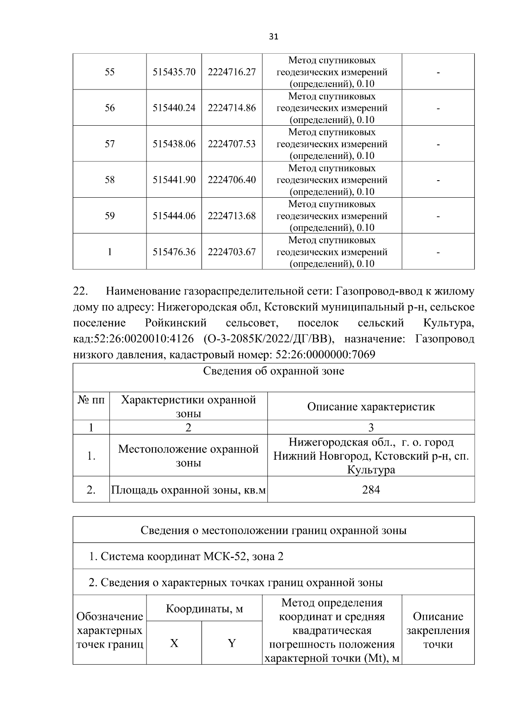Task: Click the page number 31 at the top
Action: click(x=274, y=37)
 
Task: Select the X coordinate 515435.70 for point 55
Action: click(x=174, y=72)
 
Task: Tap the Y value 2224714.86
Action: click(x=232, y=108)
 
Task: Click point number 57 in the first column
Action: click(x=110, y=144)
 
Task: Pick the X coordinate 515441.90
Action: click(x=174, y=180)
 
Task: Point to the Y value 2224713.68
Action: click(x=232, y=216)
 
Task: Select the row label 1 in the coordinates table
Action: click(x=110, y=252)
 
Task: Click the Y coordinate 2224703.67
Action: click(x=232, y=252)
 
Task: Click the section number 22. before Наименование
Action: click(x=80, y=291)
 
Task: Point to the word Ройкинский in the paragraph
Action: click(x=175, y=323)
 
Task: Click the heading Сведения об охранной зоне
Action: click(x=273, y=371)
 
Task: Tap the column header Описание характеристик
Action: click(x=371, y=406)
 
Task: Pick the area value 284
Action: click(x=371, y=490)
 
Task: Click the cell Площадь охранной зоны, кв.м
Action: click(x=188, y=490)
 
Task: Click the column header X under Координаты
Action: click(x=174, y=643)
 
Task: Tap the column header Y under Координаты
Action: click(x=232, y=643)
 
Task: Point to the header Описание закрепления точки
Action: click(x=438, y=630)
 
